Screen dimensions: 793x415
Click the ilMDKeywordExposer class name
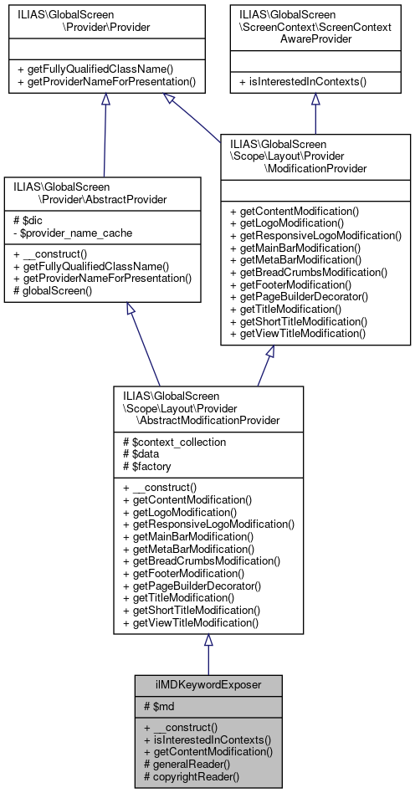point(208,683)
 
